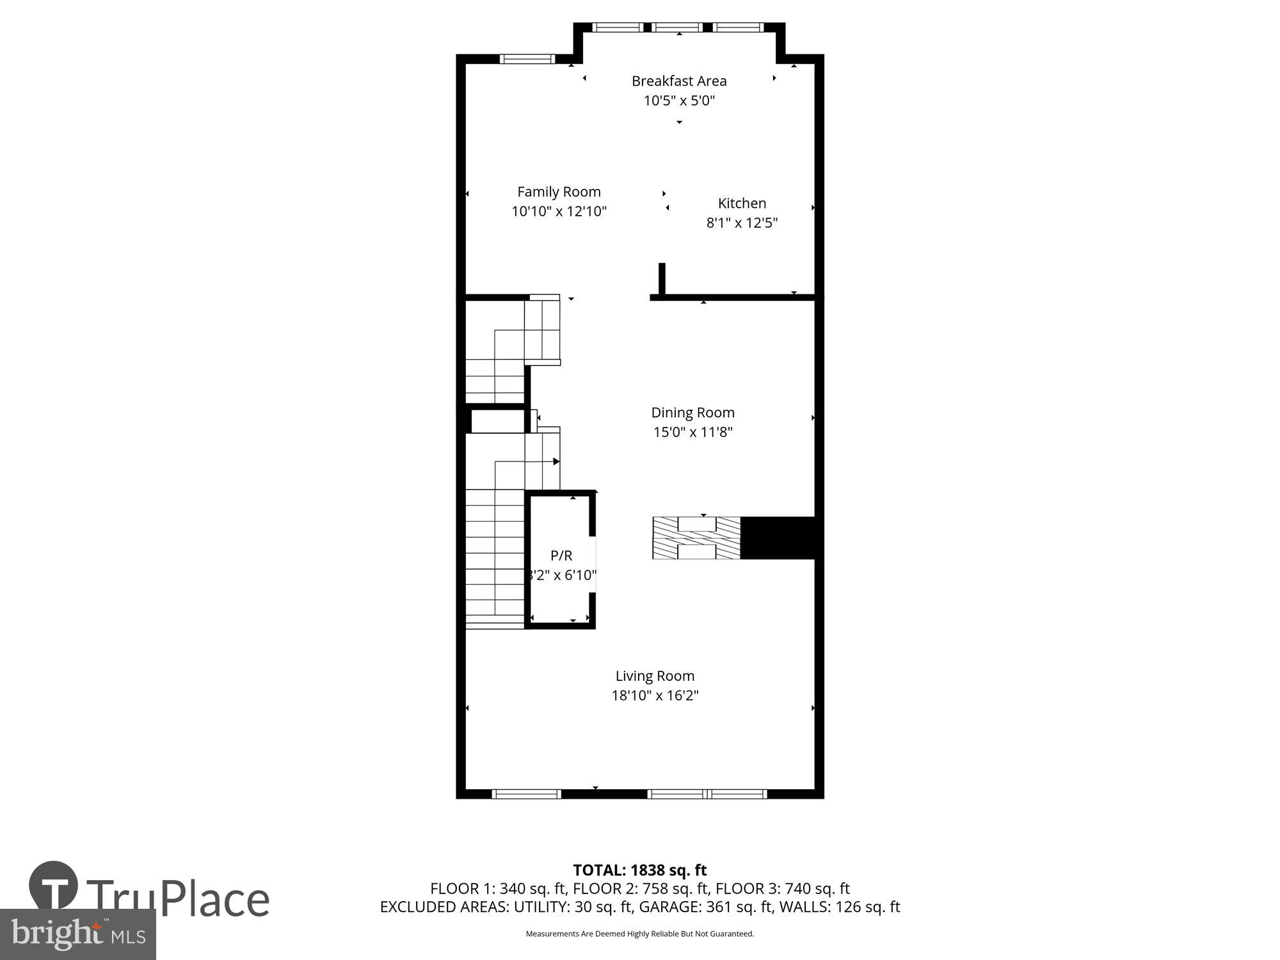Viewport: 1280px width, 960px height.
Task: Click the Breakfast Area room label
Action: pos(679,81)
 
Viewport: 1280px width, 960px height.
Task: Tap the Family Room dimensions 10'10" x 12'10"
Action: pos(559,211)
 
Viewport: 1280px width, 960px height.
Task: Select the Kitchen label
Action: pos(742,204)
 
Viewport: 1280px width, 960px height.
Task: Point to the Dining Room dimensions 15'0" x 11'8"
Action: pos(692,432)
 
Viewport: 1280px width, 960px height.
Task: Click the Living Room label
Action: pos(655,676)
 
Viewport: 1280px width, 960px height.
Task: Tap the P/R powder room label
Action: pos(561,556)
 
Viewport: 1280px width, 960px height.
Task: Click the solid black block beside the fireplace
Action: pos(777,538)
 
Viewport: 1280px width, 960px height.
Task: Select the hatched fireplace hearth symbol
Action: pos(696,538)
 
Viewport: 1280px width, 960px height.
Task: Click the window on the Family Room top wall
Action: pos(527,60)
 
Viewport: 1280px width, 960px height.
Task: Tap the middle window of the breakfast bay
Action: pos(679,28)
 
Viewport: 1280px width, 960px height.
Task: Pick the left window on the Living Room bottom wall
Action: pos(526,794)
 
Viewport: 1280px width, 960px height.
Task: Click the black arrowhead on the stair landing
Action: pos(556,461)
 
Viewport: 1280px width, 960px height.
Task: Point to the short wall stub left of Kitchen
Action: pos(662,279)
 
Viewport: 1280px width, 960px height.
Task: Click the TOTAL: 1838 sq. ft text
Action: pos(639,870)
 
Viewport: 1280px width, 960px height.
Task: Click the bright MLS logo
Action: pos(78,935)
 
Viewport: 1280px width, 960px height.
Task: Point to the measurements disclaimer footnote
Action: pos(639,934)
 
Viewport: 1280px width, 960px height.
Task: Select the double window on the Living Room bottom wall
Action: pos(707,794)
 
